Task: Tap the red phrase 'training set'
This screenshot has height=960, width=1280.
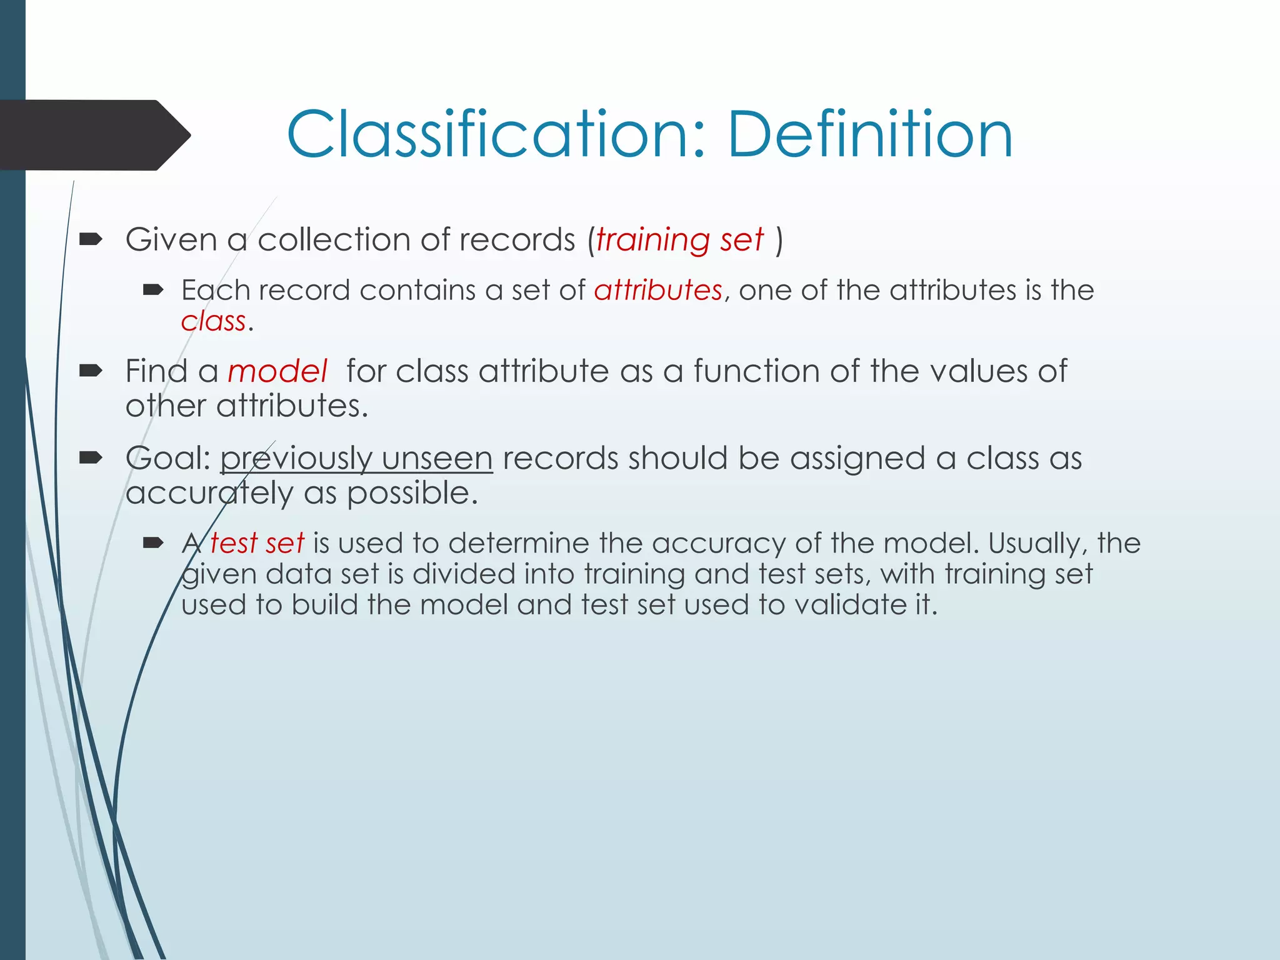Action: point(679,240)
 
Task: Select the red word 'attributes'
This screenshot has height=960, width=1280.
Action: point(658,291)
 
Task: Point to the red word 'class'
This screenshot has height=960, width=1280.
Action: point(213,321)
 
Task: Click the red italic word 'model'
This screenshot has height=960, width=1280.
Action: point(277,372)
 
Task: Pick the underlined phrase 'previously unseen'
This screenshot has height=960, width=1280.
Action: point(356,459)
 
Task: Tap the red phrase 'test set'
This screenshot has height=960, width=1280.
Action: point(257,543)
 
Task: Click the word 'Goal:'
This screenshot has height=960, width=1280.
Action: point(168,459)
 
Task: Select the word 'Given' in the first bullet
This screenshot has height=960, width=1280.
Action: point(171,240)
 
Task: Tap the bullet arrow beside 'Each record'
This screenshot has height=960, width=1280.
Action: point(153,289)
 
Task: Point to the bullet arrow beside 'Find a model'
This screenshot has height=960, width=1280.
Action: point(91,371)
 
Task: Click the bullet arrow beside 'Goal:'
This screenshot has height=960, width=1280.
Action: point(91,458)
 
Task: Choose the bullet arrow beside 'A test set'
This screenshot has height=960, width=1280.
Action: point(153,542)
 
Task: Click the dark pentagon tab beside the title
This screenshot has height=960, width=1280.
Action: point(94,135)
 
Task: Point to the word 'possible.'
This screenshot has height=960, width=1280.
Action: point(412,494)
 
